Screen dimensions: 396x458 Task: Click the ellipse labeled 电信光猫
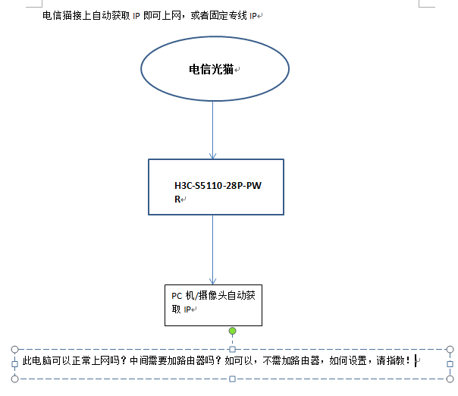click(215, 69)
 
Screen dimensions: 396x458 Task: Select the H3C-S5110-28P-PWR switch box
click(216, 186)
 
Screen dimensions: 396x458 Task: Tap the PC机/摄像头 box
click(213, 304)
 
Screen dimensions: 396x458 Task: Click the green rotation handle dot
click(233, 331)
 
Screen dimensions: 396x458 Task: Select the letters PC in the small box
click(176, 295)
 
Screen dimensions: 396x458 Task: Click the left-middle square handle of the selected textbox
click(14, 363)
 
